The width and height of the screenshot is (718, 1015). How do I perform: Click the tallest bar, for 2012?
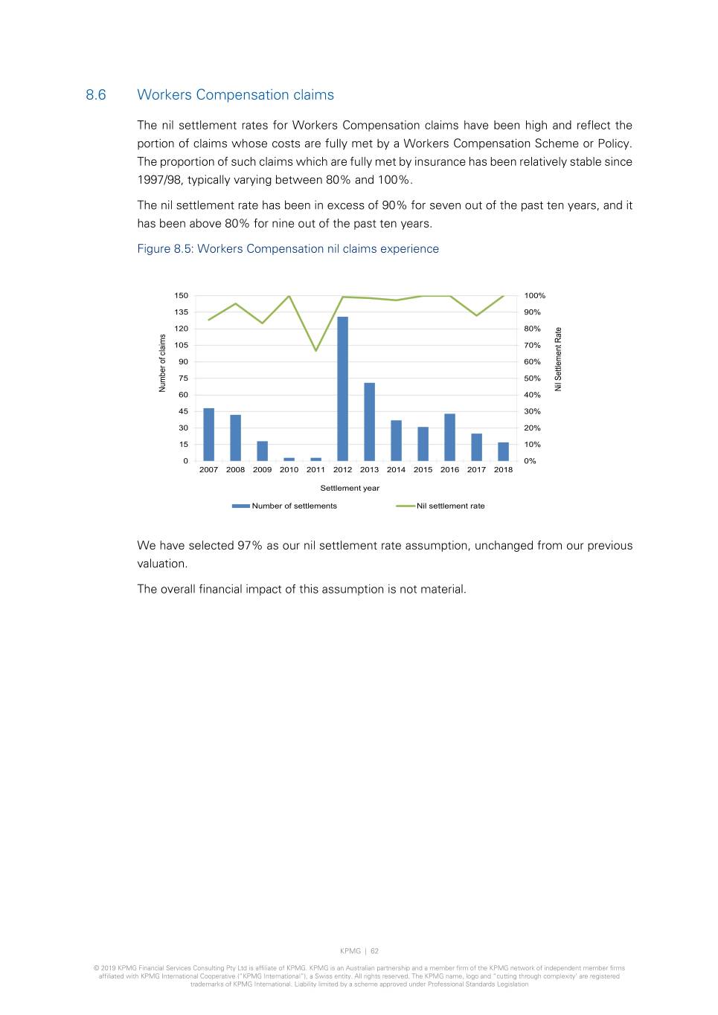pyautogui.click(x=342, y=389)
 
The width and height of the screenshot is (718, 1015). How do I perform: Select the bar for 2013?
pyautogui.click(x=369, y=422)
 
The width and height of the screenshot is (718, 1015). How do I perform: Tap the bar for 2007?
pyautogui.click(x=208, y=434)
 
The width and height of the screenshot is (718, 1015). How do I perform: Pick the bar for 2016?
pyautogui.click(x=449, y=437)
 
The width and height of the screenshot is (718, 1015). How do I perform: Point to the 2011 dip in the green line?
pyautogui.click(x=316, y=350)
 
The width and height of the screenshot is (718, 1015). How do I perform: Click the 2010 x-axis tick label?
pyautogui.click(x=289, y=470)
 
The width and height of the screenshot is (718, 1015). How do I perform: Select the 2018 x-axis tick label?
pyautogui.click(x=503, y=470)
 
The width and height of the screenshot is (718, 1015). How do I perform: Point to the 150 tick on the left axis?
pyautogui.click(x=182, y=296)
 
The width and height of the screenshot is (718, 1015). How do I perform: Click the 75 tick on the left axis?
pyautogui.click(x=183, y=378)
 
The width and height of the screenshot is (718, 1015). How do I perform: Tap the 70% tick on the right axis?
pyautogui.click(x=532, y=346)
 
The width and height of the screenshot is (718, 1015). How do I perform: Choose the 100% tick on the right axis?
pyautogui.click(x=534, y=296)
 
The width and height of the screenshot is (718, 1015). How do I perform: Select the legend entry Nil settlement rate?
pyautogui.click(x=450, y=506)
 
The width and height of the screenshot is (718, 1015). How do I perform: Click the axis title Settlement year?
pyautogui.click(x=350, y=489)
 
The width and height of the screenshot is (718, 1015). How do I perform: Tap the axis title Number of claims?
pyautogui.click(x=162, y=363)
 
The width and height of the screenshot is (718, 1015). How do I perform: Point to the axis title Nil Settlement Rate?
pyautogui.click(x=559, y=359)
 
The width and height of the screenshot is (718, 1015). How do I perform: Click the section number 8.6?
pyautogui.click(x=96, y=95)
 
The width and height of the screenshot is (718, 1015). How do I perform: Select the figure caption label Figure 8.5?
pyautogui.click(x=165, y=249)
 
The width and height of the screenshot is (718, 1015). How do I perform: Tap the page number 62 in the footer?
pyautogui.click(x=375, y=951)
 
